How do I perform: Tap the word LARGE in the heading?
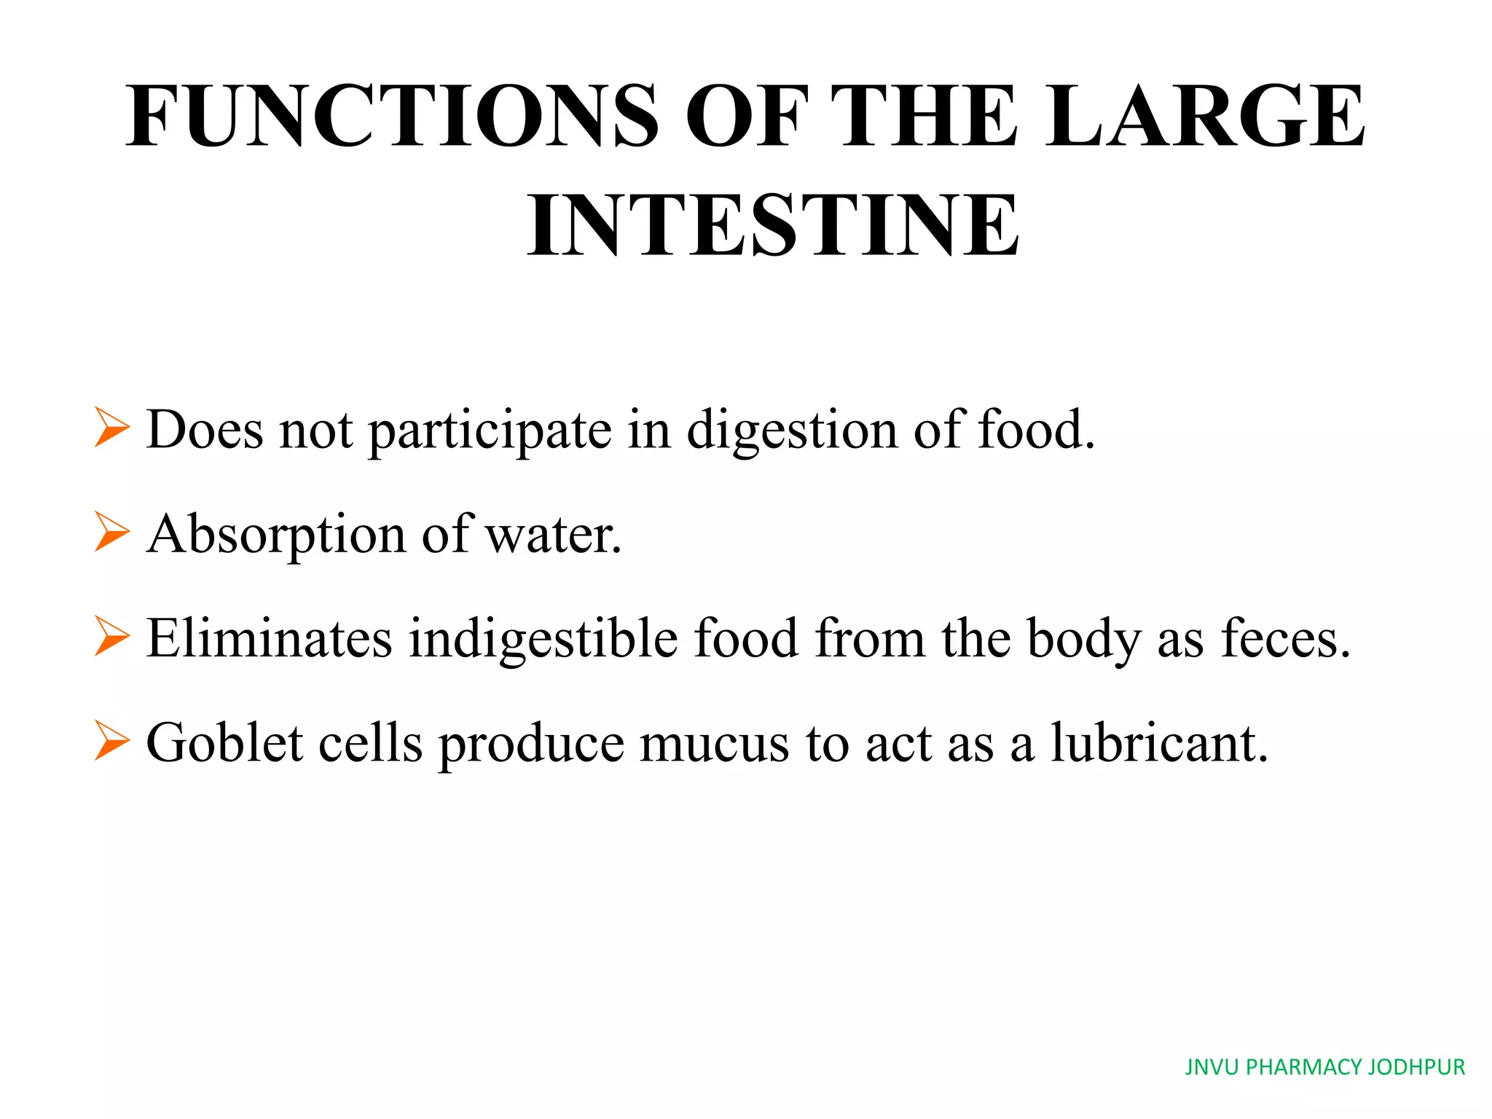[1206, 117]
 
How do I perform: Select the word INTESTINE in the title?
[773, 225]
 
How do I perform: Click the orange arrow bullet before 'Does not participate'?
[111, 428]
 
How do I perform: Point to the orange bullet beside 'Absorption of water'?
[111, 532]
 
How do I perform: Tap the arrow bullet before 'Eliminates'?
[111, 636]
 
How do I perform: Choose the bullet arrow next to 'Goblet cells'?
[111, 741]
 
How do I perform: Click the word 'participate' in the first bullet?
[490, 431]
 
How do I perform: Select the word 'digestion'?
[792, 431]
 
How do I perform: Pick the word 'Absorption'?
[276, 535]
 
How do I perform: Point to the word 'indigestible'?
[543, 640]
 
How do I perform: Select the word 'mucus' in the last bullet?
[714, 745]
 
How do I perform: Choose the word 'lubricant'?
[1158, 743]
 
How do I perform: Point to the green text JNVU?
[1212, 1067]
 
